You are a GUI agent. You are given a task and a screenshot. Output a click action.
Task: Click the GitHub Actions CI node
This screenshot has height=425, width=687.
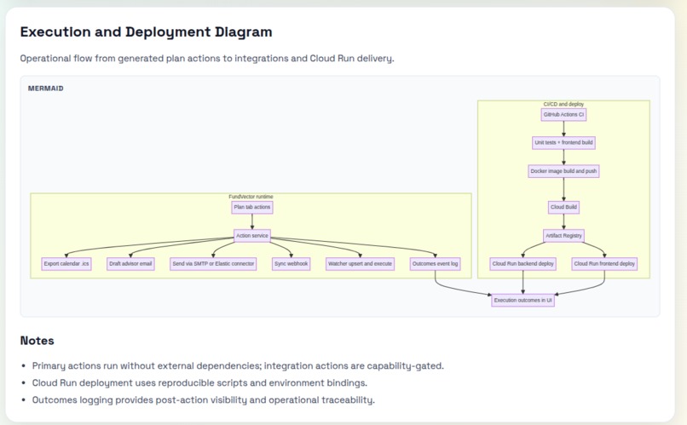pos(563,115)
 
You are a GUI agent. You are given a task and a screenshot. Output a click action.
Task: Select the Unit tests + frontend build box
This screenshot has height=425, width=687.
pos(563,143)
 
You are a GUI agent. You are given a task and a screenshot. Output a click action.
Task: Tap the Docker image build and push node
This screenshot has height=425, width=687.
pos(563,171)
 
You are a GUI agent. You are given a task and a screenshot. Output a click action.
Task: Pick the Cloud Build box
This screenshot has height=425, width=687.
pos(563,207)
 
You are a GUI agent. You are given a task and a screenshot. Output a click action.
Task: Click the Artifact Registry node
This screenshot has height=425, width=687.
pos(563,235)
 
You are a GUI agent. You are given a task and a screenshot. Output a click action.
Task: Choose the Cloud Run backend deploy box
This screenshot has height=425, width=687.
pos(523,264)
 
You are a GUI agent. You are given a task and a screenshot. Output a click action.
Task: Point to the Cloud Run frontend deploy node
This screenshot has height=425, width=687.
pos(604,264)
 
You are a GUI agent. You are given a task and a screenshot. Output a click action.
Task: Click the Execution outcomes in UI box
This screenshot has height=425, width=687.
pos(523,301)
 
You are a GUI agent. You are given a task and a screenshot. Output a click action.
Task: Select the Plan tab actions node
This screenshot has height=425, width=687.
pos(252,208)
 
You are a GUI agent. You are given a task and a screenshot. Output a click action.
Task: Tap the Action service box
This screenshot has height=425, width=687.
pos(252,235)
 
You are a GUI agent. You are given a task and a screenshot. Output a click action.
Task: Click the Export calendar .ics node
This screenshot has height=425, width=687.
pos(66,264)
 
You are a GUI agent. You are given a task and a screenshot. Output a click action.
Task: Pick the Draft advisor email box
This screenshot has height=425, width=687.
pos(130,264)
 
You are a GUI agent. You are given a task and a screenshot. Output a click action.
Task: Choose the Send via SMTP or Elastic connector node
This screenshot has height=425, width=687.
pos(213,264)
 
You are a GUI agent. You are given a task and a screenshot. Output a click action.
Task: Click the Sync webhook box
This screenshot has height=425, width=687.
pos(291,264)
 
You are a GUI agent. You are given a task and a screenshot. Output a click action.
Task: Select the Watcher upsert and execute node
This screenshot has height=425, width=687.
pos(361,264)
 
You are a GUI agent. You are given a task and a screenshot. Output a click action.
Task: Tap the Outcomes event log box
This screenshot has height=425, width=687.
pos(435,264)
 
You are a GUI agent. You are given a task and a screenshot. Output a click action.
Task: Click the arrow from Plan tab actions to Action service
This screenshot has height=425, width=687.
pos(252,221)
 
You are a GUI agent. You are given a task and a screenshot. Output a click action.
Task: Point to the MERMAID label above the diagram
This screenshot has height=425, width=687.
pos(45,89)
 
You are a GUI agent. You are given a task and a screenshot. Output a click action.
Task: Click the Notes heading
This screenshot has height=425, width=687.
pos(38,341)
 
